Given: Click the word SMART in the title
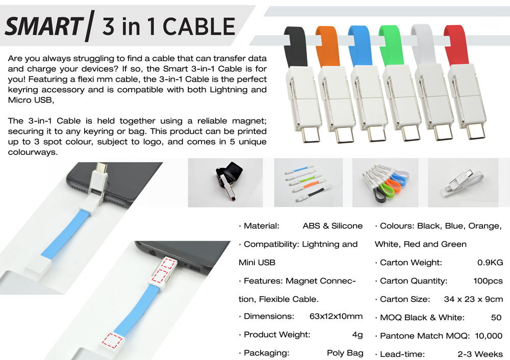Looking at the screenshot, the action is (x=44, y=27).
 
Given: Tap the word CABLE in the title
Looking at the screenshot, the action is (x=199, y=27).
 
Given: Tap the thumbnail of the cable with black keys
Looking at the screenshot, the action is (x=225, y=183).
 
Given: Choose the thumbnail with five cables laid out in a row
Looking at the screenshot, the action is (x=309, y=183).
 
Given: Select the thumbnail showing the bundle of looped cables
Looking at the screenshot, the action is (x=385, y=183).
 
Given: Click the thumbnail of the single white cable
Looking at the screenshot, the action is (x=463, y=183).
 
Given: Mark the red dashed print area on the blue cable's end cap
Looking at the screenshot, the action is (x=113, y=340).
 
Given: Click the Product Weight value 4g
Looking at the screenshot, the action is (x=357, y=335).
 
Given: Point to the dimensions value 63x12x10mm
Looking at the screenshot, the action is (x=336, y=316).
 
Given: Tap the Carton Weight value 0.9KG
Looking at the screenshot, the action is (x=490, y=263).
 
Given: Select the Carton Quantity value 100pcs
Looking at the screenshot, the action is (x=488, y=281).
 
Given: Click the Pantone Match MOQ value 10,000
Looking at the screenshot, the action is (x=489, y=336).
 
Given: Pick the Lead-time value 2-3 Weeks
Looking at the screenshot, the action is (x=480, y=354).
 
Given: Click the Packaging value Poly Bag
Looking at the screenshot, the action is (x=345, y=353).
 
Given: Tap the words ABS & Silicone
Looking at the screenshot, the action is (x=333, y=226).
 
